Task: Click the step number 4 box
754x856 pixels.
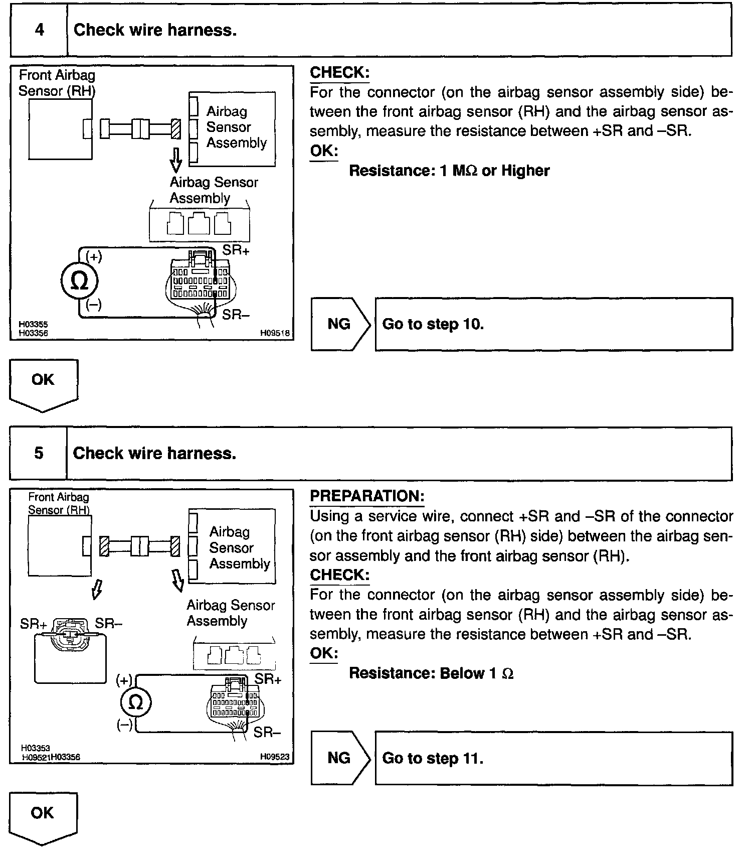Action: pos(39,30)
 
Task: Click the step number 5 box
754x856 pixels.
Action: pos(39,454)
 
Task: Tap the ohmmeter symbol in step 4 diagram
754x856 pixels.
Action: pos(79,281)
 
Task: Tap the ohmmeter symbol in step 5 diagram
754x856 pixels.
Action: pos(136,702)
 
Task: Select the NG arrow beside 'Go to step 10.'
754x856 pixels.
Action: pos(340,324)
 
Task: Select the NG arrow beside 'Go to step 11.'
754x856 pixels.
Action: pos(340,758)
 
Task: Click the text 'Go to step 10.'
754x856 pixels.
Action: pos(433,324)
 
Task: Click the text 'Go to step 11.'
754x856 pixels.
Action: pos(433,758)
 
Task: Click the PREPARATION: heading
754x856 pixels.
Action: pos(367,496)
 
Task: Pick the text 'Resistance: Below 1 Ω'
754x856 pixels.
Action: pos(431,673)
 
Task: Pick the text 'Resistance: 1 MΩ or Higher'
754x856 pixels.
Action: pos(449,171)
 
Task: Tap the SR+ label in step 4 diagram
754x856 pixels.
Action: pos(236,250)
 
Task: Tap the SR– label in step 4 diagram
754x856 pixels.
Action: pos(236,315)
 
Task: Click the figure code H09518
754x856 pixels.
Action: pos(274,333)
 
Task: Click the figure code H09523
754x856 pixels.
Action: pos(274,757)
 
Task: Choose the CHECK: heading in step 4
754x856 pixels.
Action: pos(339,73)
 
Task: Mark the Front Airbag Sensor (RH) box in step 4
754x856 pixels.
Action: pos(60,129)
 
